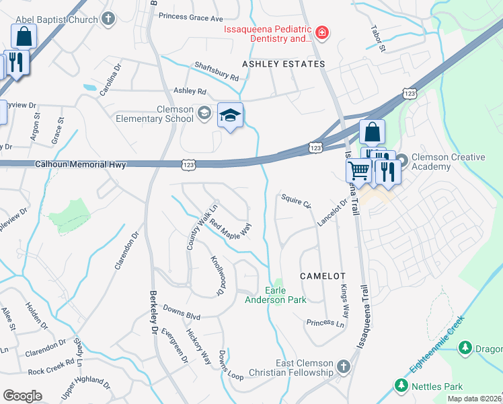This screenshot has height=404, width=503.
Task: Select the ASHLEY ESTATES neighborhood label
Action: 283,64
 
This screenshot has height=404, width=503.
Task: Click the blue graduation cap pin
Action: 229,116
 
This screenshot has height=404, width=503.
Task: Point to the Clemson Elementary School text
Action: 176,114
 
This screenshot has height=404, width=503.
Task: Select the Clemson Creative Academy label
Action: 448,162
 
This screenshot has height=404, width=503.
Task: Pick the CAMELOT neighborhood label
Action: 322,276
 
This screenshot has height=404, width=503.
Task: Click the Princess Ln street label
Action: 325,323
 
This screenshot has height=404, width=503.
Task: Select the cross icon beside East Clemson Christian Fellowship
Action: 344,367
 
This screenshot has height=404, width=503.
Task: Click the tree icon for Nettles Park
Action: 401,386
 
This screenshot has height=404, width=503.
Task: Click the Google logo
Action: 23,395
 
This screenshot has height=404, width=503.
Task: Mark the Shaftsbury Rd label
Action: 217,72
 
